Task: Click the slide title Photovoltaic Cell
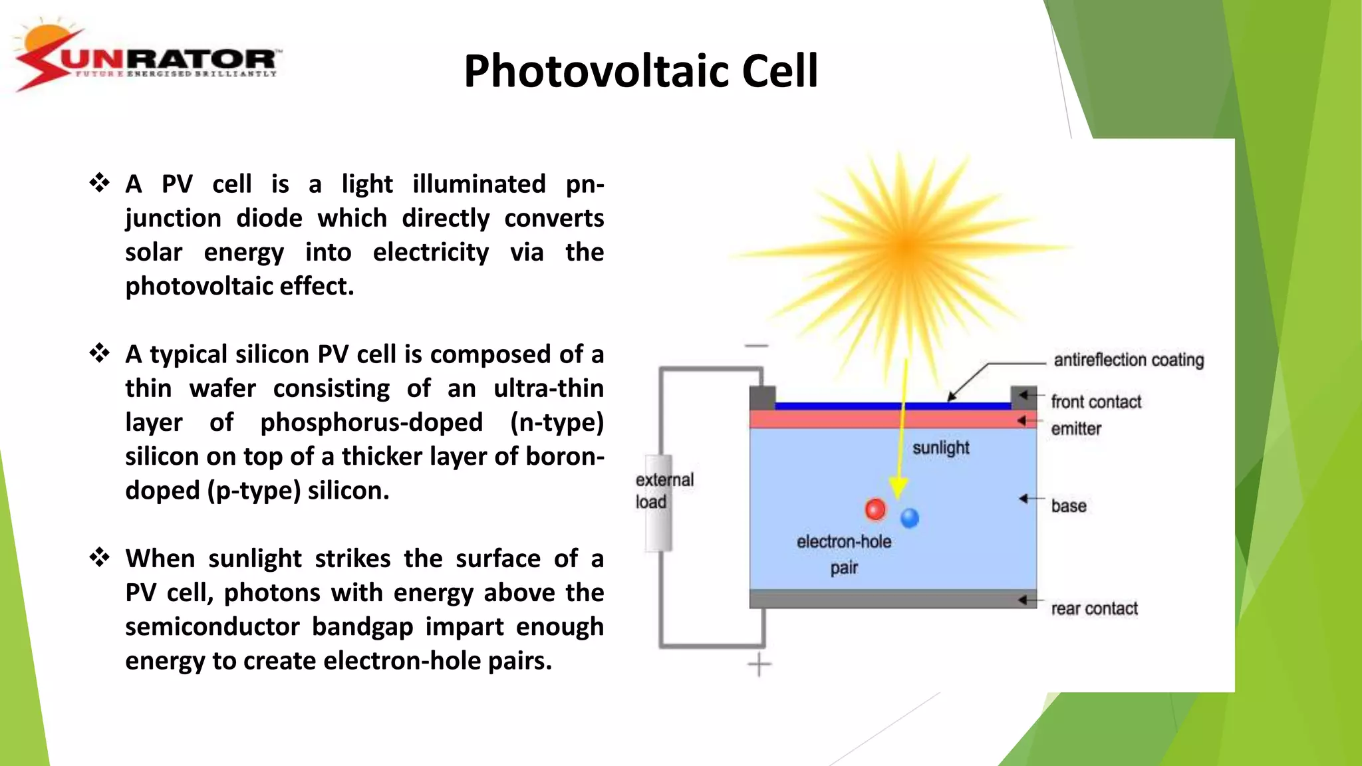point(640,70)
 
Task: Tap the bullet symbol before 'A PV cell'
point(100,183)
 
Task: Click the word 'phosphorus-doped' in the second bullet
point(371,422)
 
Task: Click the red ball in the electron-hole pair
point(875,509)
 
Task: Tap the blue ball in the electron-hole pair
point(909,517)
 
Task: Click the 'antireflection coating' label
point(1129,360)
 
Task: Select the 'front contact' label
point(1096,402)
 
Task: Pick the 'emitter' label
point(1076,429)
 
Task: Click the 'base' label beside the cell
point(1069,506)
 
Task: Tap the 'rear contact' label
point(1094,608)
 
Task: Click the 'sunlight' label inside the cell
point(940,448)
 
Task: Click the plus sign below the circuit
point(759,664)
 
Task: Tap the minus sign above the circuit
point(756,346)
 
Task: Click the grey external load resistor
point(659,503)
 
